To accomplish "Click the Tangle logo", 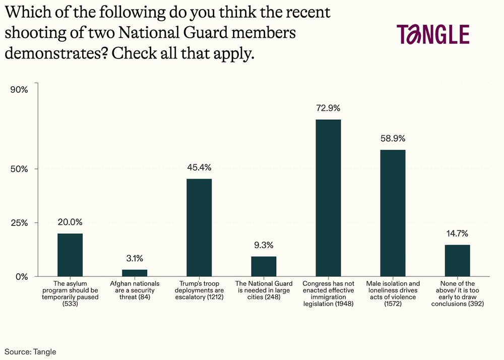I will [x=433, y=34].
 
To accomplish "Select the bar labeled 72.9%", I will [x=328, y=198].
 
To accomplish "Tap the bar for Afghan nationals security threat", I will [x=135, y=273].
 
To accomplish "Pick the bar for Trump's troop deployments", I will [x=199, y=227].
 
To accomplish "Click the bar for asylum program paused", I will [x=70, y=255].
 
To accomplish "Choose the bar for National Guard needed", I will [x=264, y=266].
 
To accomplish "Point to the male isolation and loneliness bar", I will [x=393, y=213].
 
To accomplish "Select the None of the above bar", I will [x=457, y=260].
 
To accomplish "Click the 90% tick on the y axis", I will [x=19, y=90].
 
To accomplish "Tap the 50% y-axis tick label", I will [x=19, y=169].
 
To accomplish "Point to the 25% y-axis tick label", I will [x=19, y=222].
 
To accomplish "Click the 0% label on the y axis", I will [x=21, y=276].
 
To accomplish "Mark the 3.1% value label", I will [x=135, y=259].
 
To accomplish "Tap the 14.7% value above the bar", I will [x=457, y=233].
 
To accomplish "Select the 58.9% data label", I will [x=393, y=138].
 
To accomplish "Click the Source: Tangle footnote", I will [x=31, y=351].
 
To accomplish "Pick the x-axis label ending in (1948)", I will [x=328, y=294].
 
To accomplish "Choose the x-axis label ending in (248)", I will [x=264, y=290].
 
